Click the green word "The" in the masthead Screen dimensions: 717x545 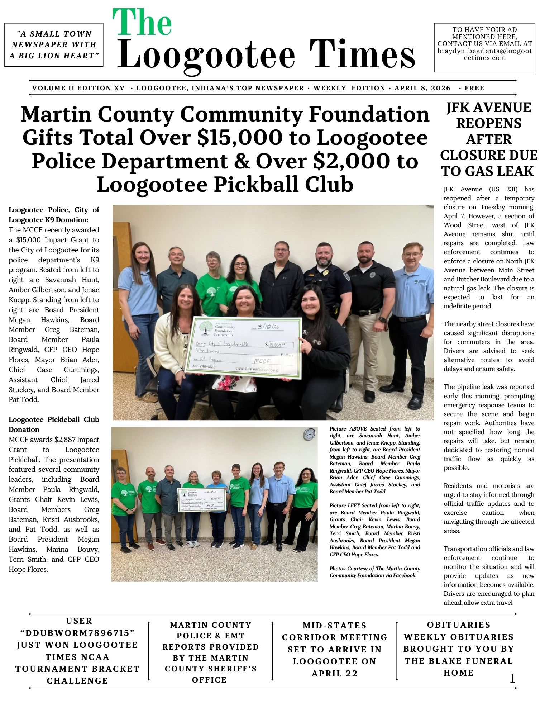pos(142,22)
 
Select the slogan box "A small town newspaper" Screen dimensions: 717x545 pos(54,45)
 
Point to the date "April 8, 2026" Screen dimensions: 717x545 pos(422,88)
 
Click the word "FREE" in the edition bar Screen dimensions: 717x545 pos(474,88)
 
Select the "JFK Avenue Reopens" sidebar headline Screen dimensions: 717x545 pos(489,139)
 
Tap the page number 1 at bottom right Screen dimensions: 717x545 pos(512,678)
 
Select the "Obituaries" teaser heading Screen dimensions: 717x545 pos(458,625)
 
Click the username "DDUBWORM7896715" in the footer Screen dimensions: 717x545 pos(77,633)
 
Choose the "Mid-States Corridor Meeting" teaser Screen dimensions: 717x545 pos(334,649)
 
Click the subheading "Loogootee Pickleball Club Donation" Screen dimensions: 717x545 pos(54,424)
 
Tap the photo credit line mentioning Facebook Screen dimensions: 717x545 pos(374,572)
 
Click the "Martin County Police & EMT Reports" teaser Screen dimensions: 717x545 pos(210,652)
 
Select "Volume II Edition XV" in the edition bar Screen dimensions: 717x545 pos(78,88)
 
